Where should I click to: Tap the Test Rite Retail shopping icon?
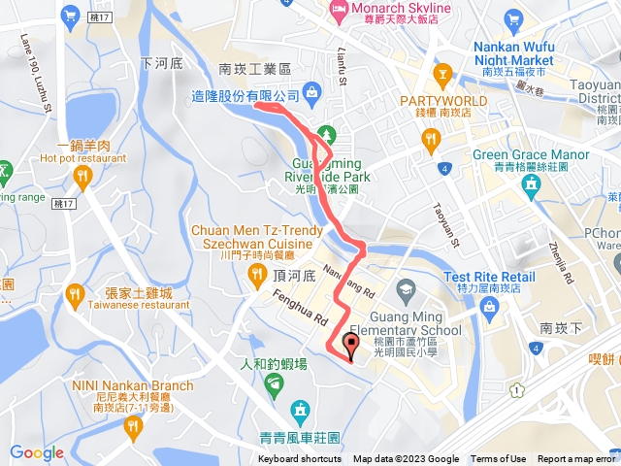(489, 308)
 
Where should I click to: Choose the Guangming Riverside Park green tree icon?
(327, 132)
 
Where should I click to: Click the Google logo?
(36, 452)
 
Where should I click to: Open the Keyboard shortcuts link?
(300, 459)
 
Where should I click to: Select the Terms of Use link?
(498, 459)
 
